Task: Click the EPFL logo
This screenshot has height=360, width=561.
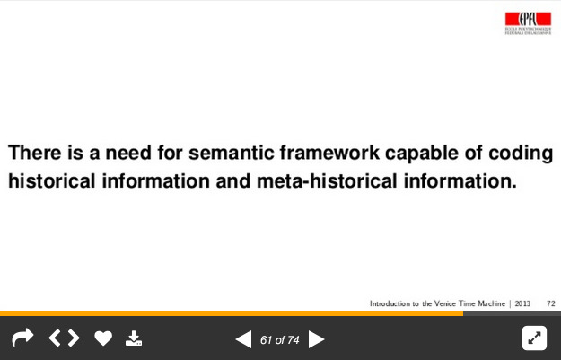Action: (x=528, y=23)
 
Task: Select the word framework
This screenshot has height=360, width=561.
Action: (x=329, y=153)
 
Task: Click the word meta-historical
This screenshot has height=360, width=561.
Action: (x=327, y=180)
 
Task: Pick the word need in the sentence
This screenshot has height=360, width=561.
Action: (x=128, y=153)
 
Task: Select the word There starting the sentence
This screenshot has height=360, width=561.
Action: (x=35, y=153)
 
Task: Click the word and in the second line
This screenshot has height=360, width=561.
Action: (x=232, y=180)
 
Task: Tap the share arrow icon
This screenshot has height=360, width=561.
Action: (x=22, y=338)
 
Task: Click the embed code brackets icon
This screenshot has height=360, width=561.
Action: (x=64, y=338)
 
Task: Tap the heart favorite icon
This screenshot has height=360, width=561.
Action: (x=103, y=338)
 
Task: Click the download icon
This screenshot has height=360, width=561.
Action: (x=134, y=338)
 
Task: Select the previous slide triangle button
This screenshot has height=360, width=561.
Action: (x=243, y=339)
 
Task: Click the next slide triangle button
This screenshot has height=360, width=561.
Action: (x=316, y=339)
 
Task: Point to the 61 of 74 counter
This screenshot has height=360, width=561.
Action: (x=280, y=340)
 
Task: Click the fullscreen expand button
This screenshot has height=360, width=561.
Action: (x=534, y=338)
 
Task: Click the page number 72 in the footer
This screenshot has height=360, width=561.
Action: (x=551, y=303)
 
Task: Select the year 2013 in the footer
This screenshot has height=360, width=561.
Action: (x=522, y=303)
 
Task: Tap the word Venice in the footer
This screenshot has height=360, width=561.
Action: (x=444, y=303)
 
